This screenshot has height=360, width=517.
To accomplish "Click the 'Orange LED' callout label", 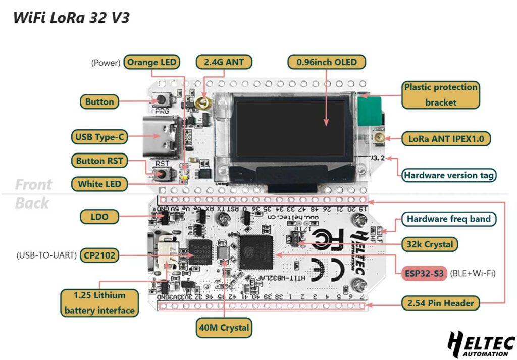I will coord(152,62).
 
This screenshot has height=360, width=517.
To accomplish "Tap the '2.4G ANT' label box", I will coord(224,62).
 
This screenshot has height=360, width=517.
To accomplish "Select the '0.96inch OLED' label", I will coord(327,62).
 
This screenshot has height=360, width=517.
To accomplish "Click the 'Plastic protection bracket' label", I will coord(440,94).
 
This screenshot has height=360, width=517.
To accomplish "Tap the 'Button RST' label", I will coord(99,161).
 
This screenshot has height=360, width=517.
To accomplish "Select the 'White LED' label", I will coord(99,184).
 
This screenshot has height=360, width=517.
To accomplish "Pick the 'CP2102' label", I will coord(99,255).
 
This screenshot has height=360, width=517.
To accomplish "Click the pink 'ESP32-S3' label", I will coord(424,273).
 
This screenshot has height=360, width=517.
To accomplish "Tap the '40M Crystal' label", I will coord(224,328).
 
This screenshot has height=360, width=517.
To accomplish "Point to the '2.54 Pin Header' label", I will coord(441,303).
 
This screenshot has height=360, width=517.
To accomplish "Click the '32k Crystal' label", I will coord(430,244).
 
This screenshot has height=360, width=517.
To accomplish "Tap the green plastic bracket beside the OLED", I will coord(370,111).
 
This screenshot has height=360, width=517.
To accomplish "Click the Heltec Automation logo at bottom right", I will coord(481,345).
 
